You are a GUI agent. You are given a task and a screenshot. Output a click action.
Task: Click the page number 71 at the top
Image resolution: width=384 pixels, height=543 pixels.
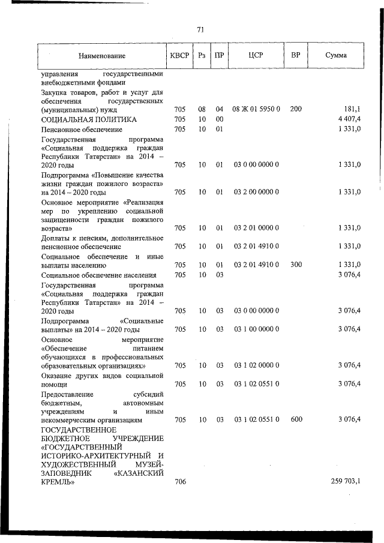coord(200,29)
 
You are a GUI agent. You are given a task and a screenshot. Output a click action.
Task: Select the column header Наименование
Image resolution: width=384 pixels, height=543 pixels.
coord(101,56)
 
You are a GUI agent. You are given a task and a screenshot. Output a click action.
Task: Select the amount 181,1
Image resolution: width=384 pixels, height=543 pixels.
coord(351,110)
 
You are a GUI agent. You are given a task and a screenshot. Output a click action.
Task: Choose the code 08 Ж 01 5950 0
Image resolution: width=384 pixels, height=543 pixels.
coord(256,110)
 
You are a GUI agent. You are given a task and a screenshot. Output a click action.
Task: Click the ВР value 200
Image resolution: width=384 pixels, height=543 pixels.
coord(295,110)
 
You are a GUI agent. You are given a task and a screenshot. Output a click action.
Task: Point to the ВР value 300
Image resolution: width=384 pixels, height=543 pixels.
coord(295,265)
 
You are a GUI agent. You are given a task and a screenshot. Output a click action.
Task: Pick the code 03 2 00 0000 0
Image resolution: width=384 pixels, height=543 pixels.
coord(256,192)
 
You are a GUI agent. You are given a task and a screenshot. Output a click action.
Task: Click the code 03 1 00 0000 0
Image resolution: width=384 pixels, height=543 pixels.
coord(256,329)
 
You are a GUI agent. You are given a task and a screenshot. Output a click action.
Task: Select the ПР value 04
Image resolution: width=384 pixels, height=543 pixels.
coord(220,110)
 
